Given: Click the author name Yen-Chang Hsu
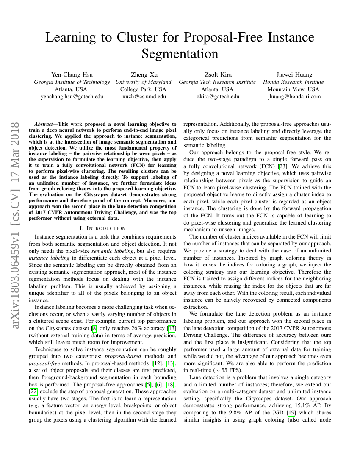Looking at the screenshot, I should [72, 75].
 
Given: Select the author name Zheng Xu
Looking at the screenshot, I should [143, 75].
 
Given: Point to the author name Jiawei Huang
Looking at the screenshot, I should [294, 75].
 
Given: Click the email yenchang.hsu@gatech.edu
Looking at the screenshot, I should [72, 96].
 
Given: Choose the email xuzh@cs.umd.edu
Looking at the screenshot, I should [143, 96].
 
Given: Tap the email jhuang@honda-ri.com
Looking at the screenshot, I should [294, 96].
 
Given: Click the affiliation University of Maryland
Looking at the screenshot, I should [143, 82].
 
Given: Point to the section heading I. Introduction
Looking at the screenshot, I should [102, 228].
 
